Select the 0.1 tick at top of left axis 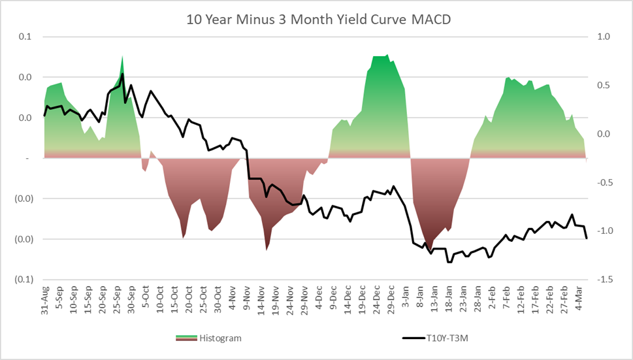tap(25, 37)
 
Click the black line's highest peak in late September tap(123, 74)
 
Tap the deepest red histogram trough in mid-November tap(267, 250)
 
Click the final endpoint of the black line tap(587, 238)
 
